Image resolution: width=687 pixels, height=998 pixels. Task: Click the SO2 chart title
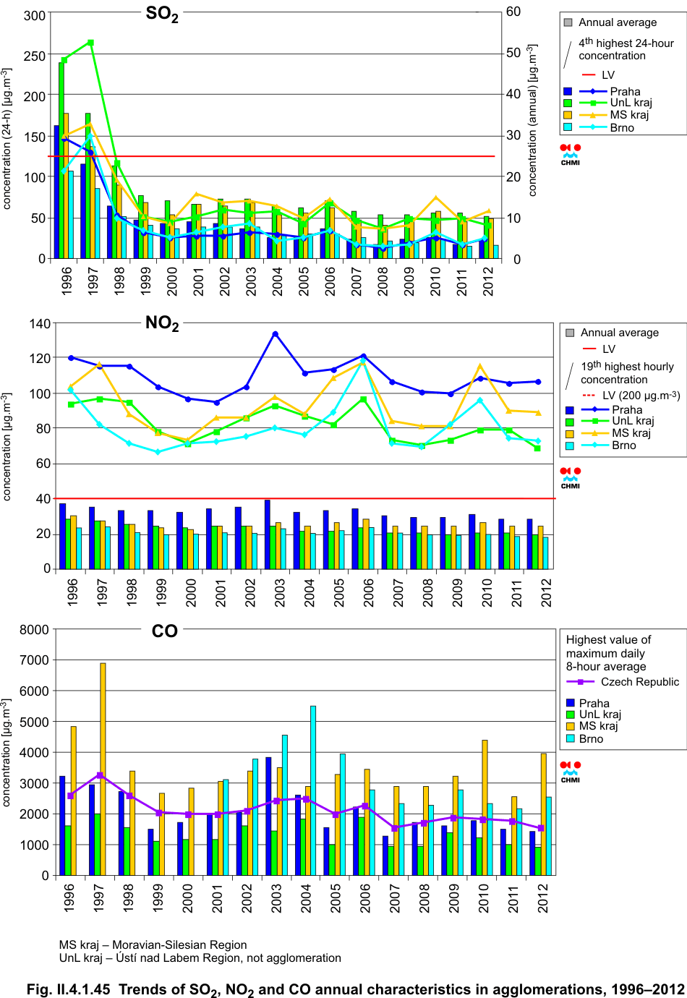(162, 14)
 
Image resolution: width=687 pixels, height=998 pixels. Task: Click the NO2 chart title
(162, 323)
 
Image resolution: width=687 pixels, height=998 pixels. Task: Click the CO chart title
(165, 631)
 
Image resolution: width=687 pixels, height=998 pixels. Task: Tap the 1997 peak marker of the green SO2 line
(90, 43)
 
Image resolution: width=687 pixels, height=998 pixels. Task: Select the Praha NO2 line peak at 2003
(276, 334)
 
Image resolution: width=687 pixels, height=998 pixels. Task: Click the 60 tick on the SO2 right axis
(513, 12)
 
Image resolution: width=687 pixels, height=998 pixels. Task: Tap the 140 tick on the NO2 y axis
(40, 323)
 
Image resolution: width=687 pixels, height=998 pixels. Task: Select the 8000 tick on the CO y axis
(34, 630)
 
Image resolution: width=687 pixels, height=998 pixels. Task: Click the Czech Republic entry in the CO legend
(639, 682)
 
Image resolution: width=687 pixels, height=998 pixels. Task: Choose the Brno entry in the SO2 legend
(622, 128)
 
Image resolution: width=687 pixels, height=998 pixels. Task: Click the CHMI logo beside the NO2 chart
(571, 478)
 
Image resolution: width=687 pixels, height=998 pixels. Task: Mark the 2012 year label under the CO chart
(544, 897)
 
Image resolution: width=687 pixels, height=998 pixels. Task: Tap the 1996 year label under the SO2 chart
(67, 281)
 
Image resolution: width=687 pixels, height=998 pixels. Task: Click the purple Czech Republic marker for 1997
(100, 775)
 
